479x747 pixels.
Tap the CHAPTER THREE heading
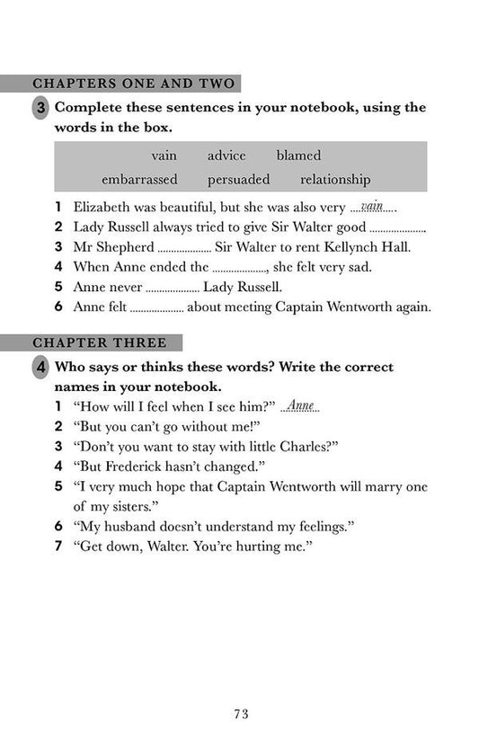99,342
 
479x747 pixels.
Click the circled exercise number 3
41,109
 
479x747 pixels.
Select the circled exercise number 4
41,368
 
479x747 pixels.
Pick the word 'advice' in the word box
226,156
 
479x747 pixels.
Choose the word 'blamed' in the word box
298,156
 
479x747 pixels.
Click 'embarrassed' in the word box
139,180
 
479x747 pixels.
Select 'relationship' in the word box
335,180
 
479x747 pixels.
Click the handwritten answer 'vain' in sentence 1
371,206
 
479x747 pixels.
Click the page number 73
239,715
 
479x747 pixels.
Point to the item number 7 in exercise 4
58,546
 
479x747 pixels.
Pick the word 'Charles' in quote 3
300,446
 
